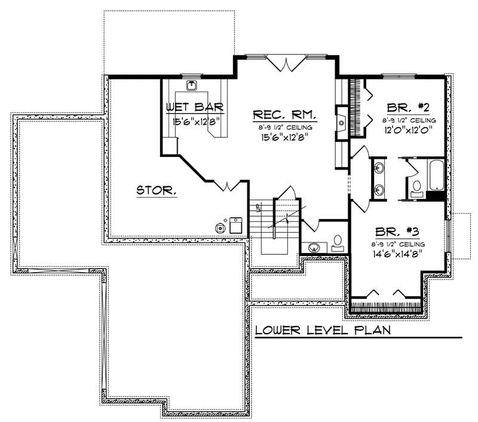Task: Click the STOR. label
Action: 156,191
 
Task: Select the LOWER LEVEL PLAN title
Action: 323,330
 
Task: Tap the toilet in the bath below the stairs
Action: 338,241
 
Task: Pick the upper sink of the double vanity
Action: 379,167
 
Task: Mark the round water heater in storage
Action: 222,227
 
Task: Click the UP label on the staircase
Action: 259,208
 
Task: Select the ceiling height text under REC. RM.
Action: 284,128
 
